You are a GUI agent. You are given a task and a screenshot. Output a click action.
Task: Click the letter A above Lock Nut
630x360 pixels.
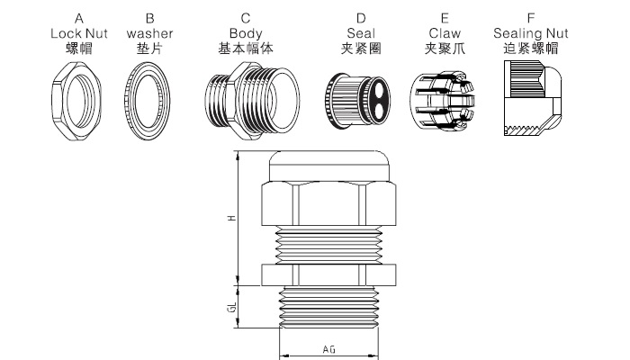79,18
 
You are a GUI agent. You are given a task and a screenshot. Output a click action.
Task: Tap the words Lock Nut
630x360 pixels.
79,32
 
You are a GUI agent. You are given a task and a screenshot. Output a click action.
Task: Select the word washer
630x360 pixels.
150,32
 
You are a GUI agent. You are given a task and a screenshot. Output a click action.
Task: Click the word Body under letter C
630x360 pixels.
246,32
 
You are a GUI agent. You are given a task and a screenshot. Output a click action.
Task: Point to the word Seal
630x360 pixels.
360,32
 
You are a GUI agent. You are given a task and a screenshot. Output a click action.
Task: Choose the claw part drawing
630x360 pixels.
441,99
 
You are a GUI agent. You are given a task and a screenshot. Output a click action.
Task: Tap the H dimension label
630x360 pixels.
231,219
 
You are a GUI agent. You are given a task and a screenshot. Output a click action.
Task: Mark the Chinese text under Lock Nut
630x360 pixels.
79,47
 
